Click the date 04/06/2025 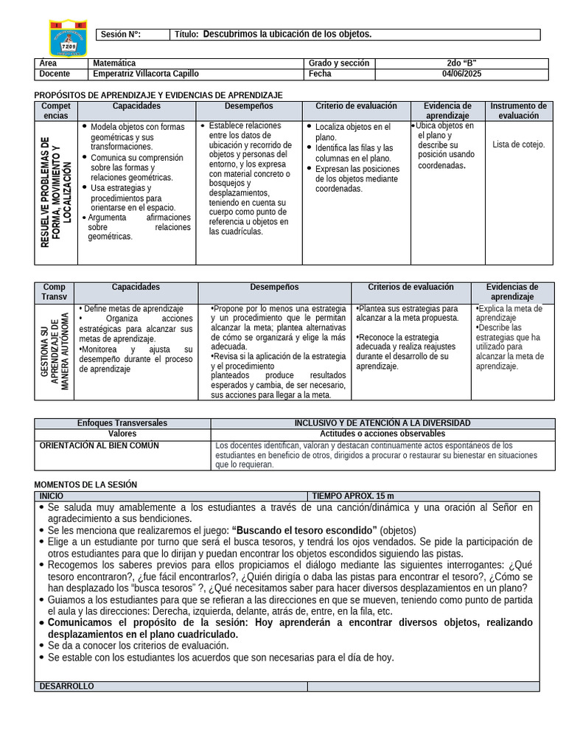pyautogui.click(x=461, y=74)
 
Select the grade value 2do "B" pyautogui.click(x=461, y=64)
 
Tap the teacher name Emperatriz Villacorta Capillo pyautogui.click(x=145, y=74)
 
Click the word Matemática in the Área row pyautogui.click(x=113, y=64)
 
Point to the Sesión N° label pyautogui.click(x=120, y=35)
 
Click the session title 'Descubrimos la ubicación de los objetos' pyautogui.click(x=287, y=35)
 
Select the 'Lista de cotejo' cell pyautogui.click(x=518, y=145)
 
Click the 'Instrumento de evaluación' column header pyautogui.click(x=518, y=111)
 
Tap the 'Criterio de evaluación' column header pyautogui.click(x=356, y=106)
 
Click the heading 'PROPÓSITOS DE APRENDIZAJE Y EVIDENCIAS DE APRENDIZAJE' pyautogui.click(x=158, y=96)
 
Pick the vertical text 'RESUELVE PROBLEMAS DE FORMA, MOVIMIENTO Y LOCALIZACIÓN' pyautogui.click(x=56, y=192)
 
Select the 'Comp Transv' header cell pyautogui.click(x=54, y=292)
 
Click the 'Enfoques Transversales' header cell pyautogui.click(x=122, y=423)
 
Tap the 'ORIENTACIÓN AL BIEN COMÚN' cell pyautogui.click(x=98, y=446)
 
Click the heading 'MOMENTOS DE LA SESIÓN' pyautogui.click(x=85, y=484)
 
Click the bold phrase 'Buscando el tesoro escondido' pyautogui.click(x=304, y=530)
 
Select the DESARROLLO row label pyautogui.click(x=66, y=686)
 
